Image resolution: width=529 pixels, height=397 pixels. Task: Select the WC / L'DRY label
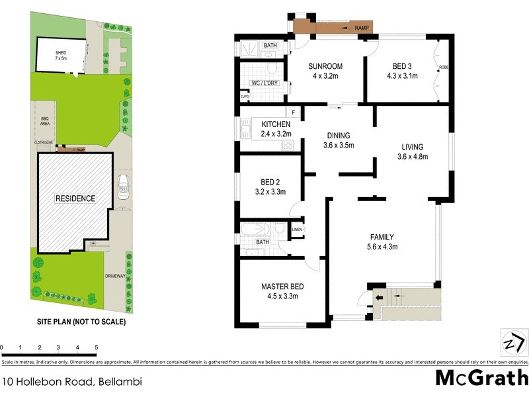pos(263,83)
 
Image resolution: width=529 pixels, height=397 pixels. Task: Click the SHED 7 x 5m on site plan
pos(61,55)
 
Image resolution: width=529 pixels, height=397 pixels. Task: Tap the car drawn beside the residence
pos(122,189)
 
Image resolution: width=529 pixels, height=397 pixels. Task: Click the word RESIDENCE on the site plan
pos(76,198)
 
